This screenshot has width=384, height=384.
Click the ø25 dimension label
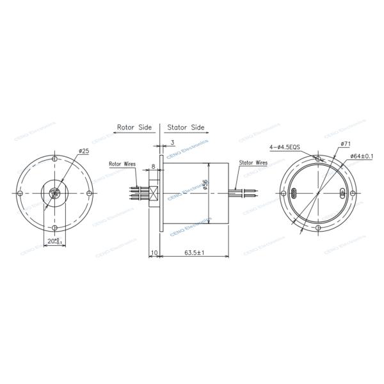tap(84, 151)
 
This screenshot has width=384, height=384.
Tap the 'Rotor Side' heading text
tap(134, 127)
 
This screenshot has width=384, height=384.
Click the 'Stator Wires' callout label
tap(253, 163)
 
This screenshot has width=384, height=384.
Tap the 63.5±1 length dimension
tap(193, 253)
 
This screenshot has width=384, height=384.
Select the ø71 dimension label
tap(345, 145)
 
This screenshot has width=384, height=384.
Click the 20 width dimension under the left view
tap(54, 241)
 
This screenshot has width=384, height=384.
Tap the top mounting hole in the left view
tap(54, 159)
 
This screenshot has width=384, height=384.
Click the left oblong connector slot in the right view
tap(294, 194)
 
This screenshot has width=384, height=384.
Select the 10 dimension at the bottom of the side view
tap(154, 253)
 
